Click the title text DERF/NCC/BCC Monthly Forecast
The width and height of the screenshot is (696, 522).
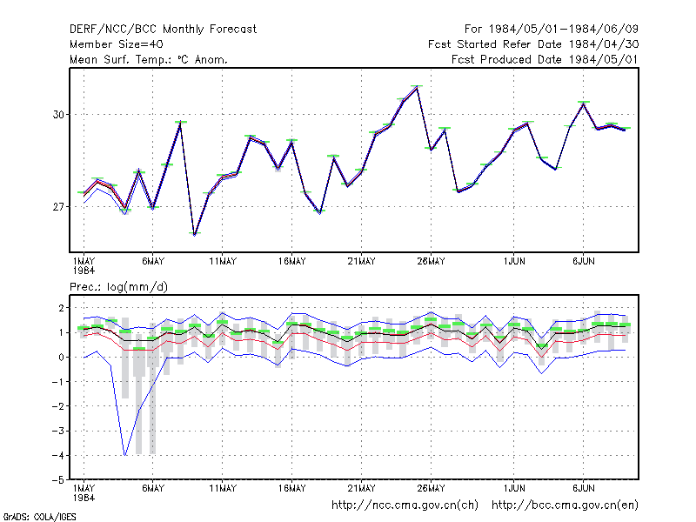pyautogui.click(x=163, y=30)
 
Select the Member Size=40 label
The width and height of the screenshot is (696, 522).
pyautogui.click(x=117, y=44)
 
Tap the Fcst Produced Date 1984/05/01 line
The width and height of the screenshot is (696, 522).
pyautogui.click(x=545, y=59)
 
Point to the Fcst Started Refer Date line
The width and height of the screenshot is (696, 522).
pyautogui.click(x=533, y=44)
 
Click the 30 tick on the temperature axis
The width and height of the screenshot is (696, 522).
pyautogui.click(x=58, y=115)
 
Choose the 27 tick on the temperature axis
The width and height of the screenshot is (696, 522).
pyautogui.click(x=58, y=207)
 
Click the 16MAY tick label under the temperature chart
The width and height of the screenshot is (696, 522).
pyautogui.click(x=292, y=262)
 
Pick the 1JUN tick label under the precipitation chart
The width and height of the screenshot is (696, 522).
pyautogui.click(x=514, y=488)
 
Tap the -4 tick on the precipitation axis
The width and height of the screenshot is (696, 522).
pyautogui.click(x=58, y=455)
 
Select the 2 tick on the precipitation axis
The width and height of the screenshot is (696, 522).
pyautogui.click(x=61, y=308)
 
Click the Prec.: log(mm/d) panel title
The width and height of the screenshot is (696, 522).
pyautogui.click(x=118, y=287)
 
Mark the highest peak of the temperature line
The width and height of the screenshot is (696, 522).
pyautogui.click(x=417, y=87)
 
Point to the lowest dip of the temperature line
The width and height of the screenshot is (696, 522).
pyautogui.click(x=194, y=234)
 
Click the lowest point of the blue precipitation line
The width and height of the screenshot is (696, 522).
pyautogui.click(x=125, y=455)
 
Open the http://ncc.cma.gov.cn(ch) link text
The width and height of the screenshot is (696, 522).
pyautogui.click(x=405, y=505)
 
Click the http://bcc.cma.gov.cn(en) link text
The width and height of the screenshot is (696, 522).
pyautogui.click(x=565, y=505)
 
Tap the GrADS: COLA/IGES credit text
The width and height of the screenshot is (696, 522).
pyautogui.click(x=39, y=517)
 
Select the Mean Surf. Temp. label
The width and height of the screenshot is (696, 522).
pyautogui.click(x=121, y=59)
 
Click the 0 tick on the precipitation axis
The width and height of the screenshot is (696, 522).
pyautogui.click(x=61, y=357)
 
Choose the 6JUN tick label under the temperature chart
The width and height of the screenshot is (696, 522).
pyautogui.click(x=583, y=262)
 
